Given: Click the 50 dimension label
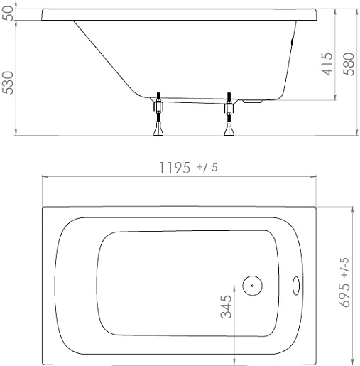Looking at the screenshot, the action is [x=8, y=14].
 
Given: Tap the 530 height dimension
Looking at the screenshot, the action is [x=8, y=82].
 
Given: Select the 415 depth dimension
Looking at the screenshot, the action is [x=327, y=64].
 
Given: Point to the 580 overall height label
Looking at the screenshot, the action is [x=349, y=64].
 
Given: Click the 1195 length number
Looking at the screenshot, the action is [x=175, y=168].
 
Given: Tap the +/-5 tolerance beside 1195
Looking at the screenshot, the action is [x=207, y=168].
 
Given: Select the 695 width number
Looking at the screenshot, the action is [x=344, y=295].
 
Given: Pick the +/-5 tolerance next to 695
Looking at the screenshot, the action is [x=345, y=268].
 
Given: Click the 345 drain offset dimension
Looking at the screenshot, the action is [x=227, y=306].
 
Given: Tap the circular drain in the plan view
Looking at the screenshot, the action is [x=253, y=286].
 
